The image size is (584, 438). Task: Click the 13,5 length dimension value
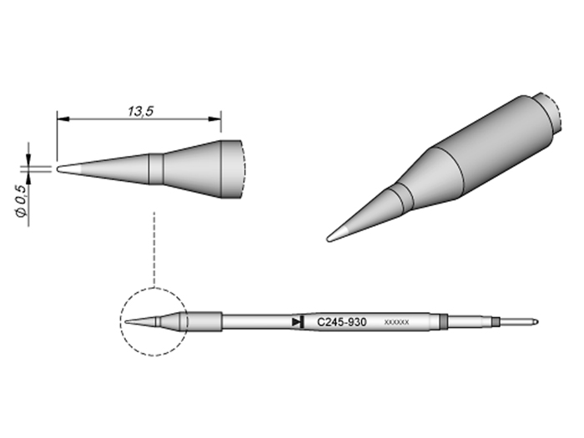click(139, 110)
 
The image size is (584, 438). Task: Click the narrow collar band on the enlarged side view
click(156, 167)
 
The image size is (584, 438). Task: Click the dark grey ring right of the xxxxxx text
click(437, 321)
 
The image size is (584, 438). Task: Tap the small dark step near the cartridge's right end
click(494, 321)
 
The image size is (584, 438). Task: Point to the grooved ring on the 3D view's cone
click(400, 194)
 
